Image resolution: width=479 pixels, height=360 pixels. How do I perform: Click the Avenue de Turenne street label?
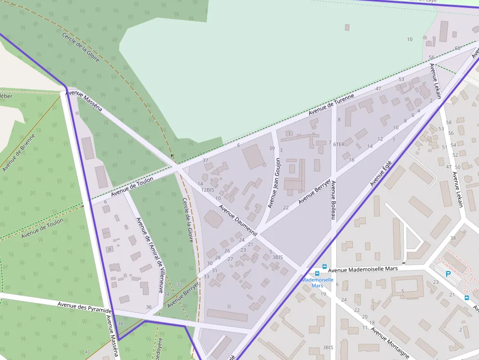331,105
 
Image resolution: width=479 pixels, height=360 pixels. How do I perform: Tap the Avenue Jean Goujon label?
275,183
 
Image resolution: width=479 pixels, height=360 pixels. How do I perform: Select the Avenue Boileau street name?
333,200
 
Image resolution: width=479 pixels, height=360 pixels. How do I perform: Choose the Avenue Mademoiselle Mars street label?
363,269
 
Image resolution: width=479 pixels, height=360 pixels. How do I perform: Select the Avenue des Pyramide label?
85,307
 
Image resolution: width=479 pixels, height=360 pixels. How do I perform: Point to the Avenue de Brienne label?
19,152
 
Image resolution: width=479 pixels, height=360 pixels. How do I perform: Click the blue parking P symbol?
448,275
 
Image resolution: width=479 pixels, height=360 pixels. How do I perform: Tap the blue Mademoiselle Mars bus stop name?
317,282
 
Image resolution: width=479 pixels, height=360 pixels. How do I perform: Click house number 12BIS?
208,190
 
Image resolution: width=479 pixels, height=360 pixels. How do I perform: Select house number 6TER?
339,145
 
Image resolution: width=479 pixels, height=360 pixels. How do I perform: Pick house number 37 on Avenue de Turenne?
205,160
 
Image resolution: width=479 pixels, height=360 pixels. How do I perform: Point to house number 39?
272,148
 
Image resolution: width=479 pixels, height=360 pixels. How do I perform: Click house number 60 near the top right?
457,48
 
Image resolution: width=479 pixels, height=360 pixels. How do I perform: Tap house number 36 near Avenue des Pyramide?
149,307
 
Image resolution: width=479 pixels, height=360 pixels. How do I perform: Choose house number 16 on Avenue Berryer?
351,160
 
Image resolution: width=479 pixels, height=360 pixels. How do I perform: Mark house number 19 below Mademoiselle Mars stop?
323,294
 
